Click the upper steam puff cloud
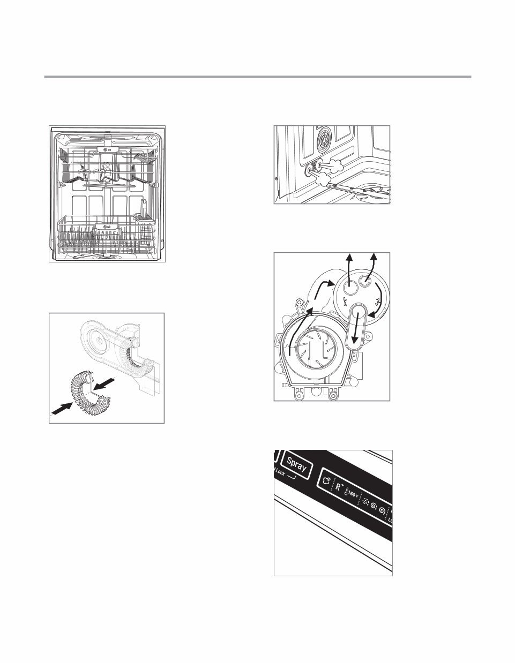(337, 164)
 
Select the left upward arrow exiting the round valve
(349, 267)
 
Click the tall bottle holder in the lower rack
(143, 208)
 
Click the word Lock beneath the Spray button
(281, 472)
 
